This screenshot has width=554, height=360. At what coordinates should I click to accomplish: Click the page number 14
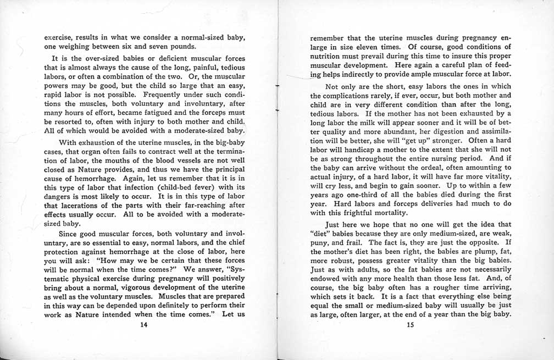(145, 325)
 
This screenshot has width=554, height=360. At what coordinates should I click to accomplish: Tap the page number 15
(409, 325)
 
